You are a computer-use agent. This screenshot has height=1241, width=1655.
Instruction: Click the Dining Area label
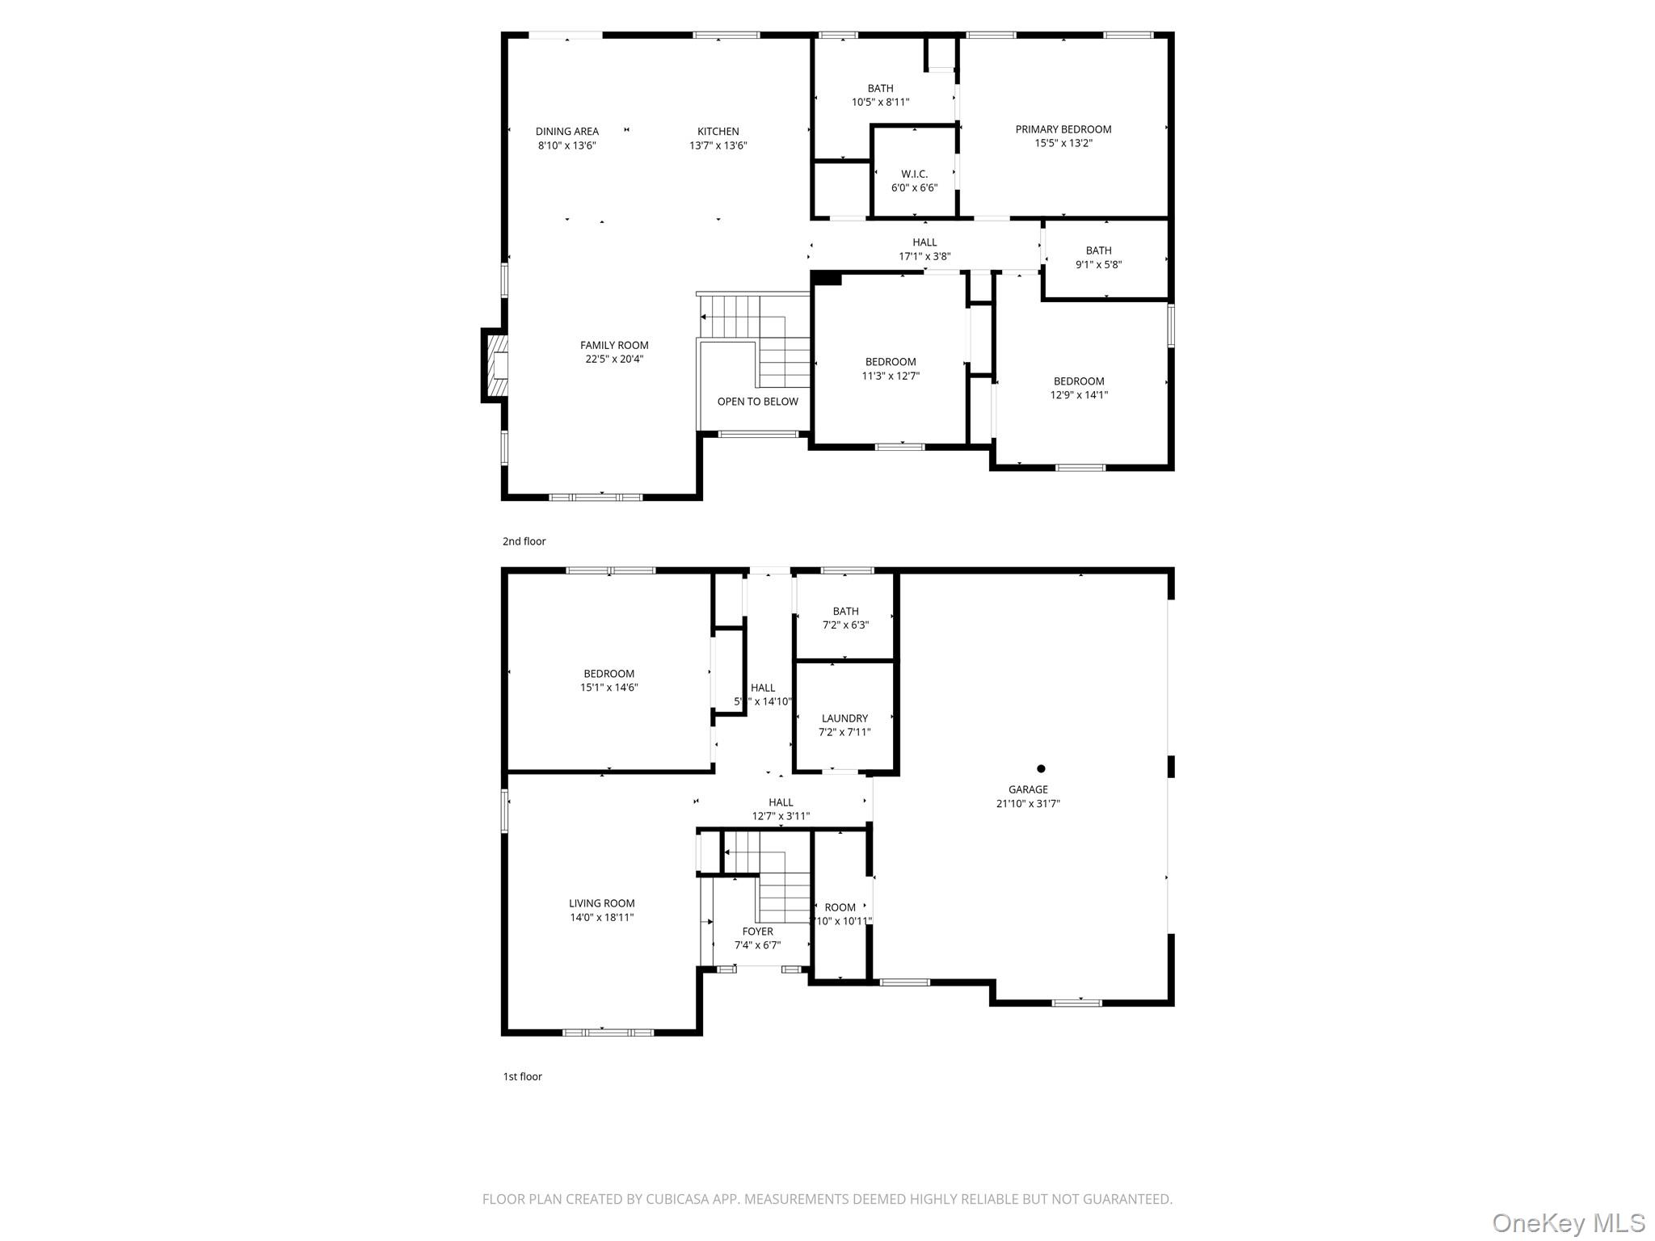coord(566,132)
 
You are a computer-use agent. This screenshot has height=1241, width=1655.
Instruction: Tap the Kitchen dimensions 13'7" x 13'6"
coord(718,146)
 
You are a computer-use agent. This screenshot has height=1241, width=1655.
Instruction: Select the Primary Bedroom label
coord(1063,129)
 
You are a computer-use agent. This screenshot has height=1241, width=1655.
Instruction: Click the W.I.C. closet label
coord(914,174)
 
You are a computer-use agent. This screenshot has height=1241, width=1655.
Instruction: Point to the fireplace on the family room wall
coord(496,365)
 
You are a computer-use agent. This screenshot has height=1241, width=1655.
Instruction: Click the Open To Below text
coord(757,402)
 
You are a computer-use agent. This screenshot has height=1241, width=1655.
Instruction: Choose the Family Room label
coord(614,345)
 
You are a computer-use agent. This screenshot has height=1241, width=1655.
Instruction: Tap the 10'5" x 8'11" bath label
coord(880,95)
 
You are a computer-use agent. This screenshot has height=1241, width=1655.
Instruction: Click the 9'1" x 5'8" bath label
coord(1098,258)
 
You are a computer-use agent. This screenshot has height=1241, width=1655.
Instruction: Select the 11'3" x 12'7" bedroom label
coord(891,368)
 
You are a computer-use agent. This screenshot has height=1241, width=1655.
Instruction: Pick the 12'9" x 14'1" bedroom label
coord(1078,388)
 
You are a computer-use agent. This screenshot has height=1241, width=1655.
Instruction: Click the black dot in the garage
coord(1041,768)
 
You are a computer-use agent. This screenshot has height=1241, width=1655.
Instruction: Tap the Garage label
coord(1028,789)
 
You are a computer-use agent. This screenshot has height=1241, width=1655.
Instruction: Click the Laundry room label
coord(844,718)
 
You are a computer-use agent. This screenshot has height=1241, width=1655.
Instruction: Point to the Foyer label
coord(757,932)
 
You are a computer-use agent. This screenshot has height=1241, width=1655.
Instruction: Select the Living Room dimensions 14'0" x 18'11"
coord(601,918)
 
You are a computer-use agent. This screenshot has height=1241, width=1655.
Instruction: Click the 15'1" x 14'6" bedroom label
coord(609,680)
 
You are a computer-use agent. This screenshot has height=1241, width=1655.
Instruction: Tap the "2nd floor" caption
coord(524,541)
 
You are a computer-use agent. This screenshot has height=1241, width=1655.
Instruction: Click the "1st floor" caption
coord(522,1076)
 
